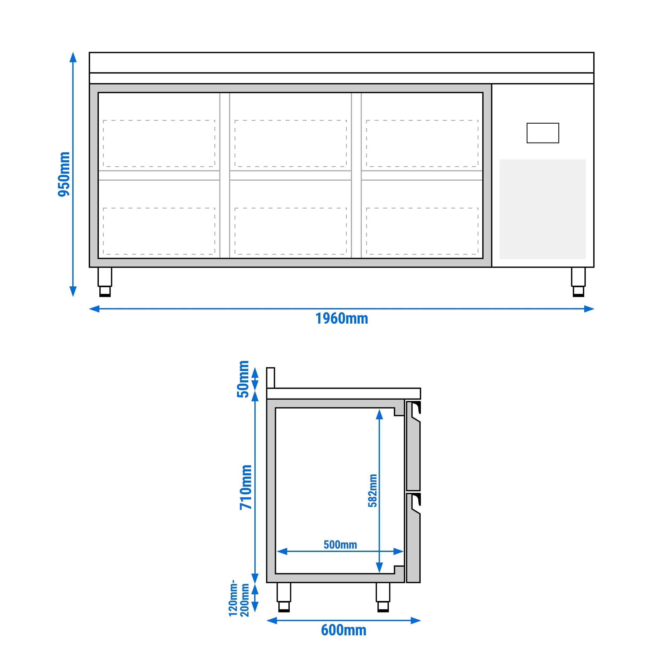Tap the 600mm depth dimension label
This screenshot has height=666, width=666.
(x=343, y=630)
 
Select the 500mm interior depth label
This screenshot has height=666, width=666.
(x=340, y=545)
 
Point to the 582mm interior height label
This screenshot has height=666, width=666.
(x=373, y=490)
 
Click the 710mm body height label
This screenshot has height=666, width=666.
(x=246, y=487)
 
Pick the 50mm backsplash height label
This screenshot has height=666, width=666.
(x=243, y=379)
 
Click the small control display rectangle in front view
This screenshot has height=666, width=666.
(x=543, y=133)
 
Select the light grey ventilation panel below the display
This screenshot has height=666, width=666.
(x=543, y=209)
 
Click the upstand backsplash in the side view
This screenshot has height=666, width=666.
(x=271, y=378)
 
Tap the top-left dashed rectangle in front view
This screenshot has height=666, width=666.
(x=159, y=143)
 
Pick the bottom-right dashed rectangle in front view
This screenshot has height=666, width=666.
(x=422, y=231)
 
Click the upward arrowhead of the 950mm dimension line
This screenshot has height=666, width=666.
(x=73, y=57)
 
